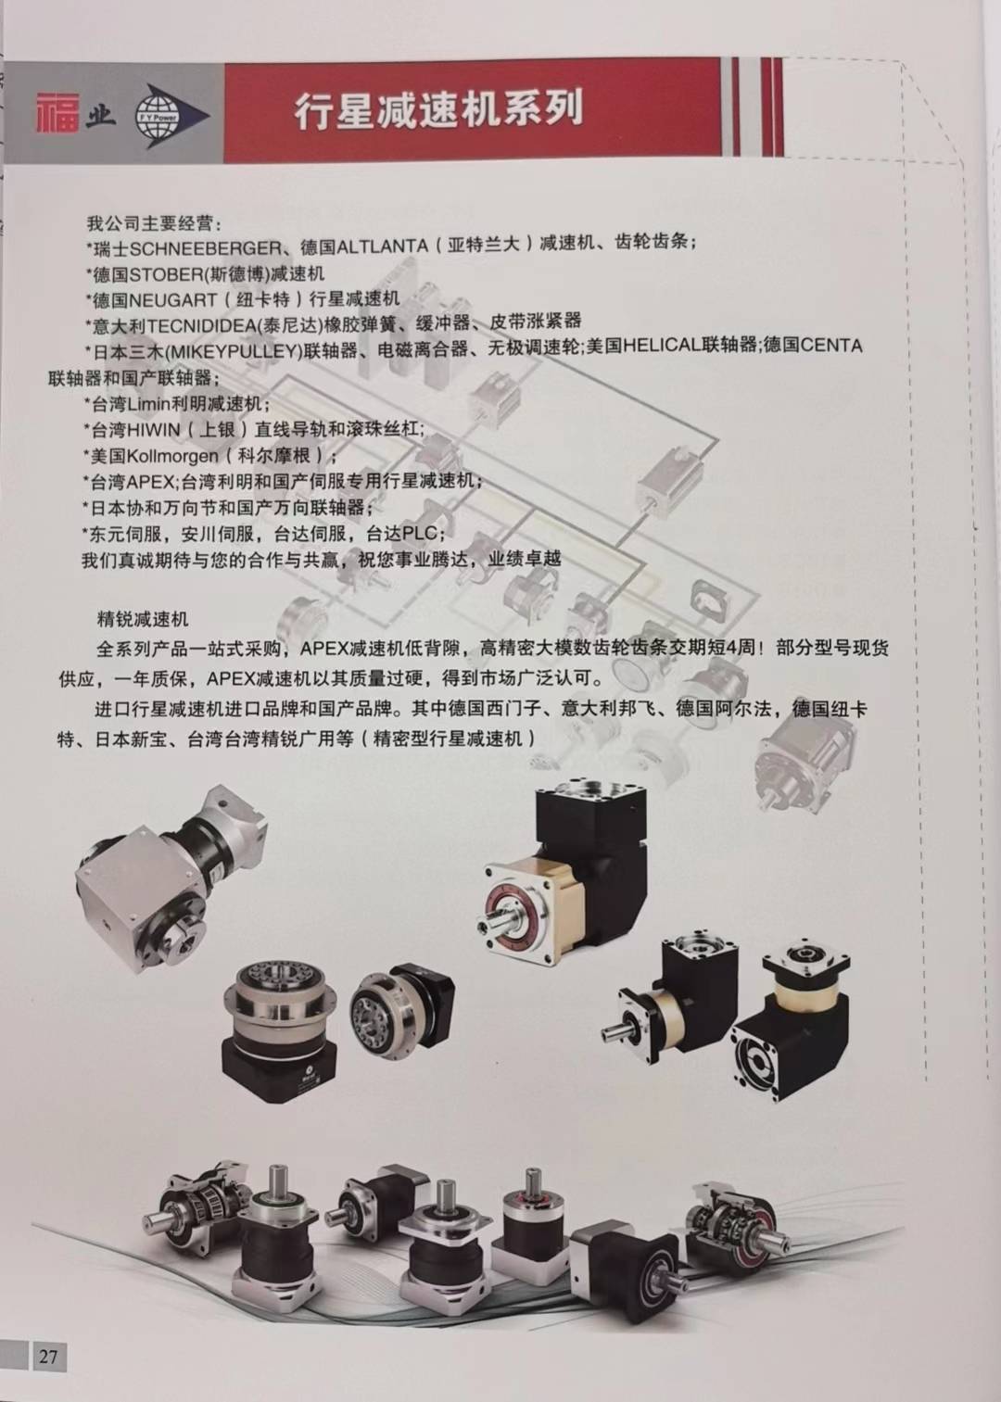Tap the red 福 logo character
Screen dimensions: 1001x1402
58,113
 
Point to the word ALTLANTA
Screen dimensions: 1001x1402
383,247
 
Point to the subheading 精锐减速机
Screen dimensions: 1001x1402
142,619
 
